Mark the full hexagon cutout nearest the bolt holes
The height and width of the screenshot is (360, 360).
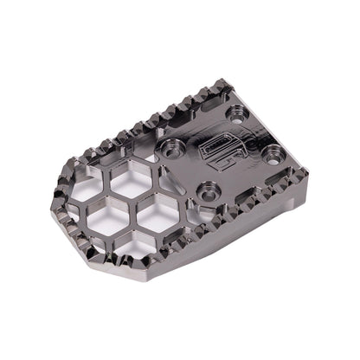click(159, 218)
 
